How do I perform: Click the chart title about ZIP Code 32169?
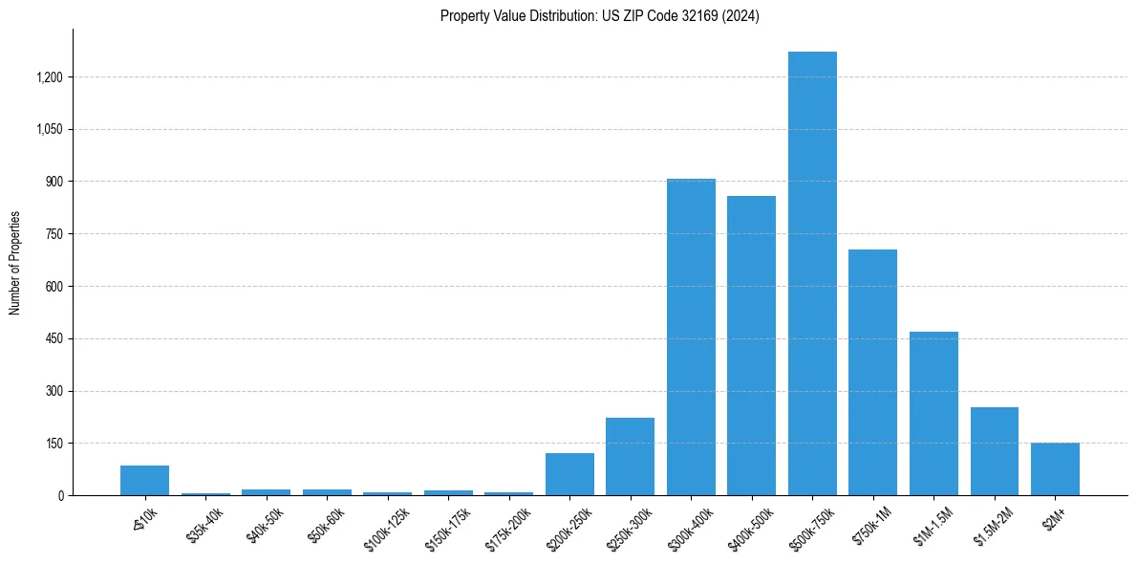[599, 16]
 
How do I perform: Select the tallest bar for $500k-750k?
[812, 273]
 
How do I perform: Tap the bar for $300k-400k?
[691, 336]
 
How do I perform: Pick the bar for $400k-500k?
[751, 345]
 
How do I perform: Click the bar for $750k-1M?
[872, 372]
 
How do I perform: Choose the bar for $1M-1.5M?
[933, 413]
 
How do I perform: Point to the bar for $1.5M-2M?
[994, 451]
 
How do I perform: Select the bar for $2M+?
[1055, 468]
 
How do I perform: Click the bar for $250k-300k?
[630, 456]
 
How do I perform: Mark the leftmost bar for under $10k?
[144, 480]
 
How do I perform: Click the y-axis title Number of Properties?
[15, 263]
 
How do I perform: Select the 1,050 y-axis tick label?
[49, 129]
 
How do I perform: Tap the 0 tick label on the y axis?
[60, 495]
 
